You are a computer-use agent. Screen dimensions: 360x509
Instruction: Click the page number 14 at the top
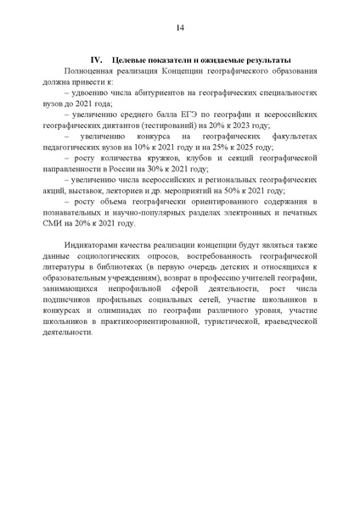[180, 27]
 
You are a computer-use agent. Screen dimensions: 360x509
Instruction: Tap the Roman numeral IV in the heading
[96, 60]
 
